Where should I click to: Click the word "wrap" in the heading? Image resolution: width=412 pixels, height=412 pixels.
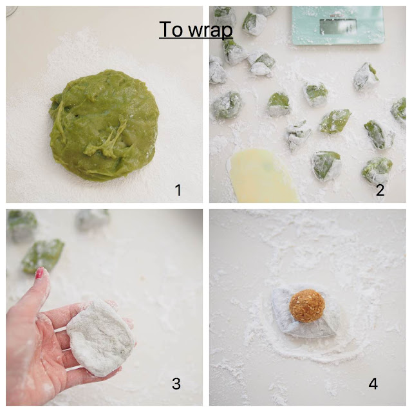(211, 31)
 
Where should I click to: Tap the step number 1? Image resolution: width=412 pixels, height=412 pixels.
(178, 190)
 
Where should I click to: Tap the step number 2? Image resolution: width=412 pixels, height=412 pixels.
(380, 190)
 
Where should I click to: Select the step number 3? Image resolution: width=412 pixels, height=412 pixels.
(176, 384)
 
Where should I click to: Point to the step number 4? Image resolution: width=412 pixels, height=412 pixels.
(373, 384)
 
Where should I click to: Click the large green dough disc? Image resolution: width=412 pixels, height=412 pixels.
(104, 125)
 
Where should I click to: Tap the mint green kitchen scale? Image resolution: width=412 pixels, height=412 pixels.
(338, 25)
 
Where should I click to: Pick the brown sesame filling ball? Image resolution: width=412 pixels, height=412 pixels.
(308, 306)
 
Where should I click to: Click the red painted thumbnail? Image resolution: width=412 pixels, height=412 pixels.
(40, 273)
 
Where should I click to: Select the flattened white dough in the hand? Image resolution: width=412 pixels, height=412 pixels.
(100, 337)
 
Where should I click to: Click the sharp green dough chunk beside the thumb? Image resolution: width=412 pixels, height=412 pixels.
(43, 256)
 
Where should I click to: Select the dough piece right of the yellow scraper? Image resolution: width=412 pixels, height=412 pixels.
(326, 165)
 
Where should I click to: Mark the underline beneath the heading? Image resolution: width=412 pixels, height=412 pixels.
(196, 39)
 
